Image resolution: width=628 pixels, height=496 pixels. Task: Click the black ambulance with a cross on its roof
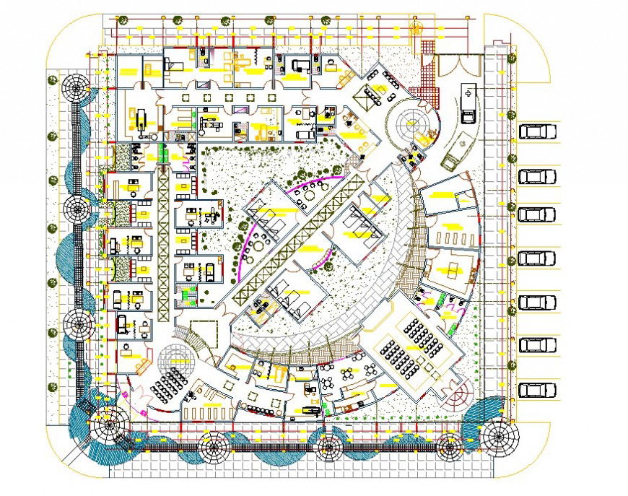(x=468, y=104)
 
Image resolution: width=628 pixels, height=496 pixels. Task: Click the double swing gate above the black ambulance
(x=459, y=66)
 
